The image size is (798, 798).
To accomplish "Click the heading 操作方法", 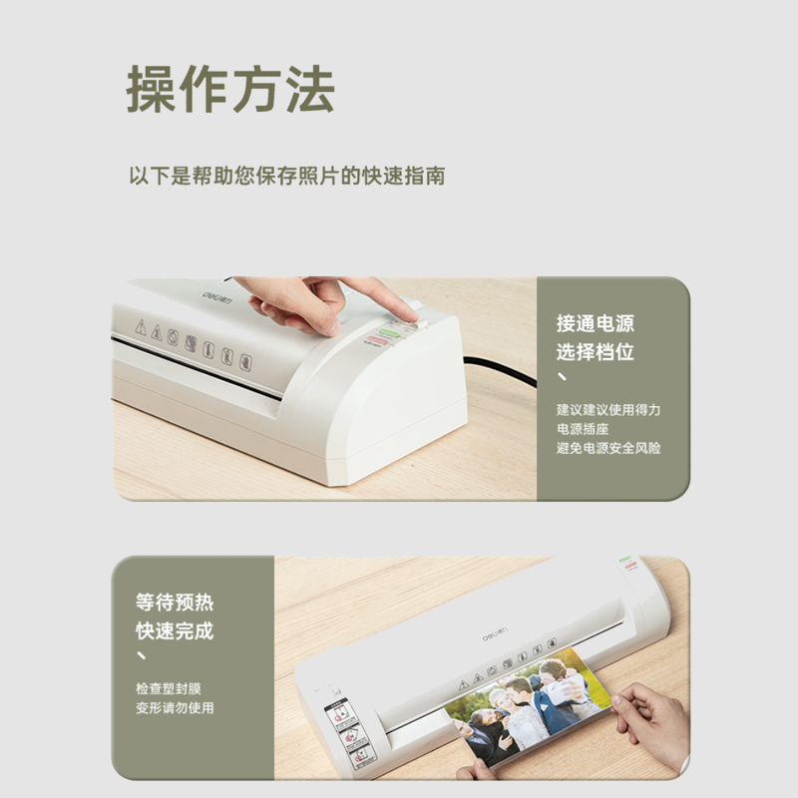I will coord(230,89).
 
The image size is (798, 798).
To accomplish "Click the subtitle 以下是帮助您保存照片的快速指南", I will coord(287,177).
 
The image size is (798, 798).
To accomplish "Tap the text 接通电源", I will coord(596,323).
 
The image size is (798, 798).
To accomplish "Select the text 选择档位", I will coord(596,352).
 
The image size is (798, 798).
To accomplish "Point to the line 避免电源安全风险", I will coord(608,448).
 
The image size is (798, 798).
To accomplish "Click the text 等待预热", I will coord(175,602).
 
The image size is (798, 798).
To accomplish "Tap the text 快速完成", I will coord(175,631).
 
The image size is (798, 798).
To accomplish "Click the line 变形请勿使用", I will coord(175,708).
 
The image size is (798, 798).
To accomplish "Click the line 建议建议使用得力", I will coord(608,410).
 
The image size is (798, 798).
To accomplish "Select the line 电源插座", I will coord(583,429).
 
